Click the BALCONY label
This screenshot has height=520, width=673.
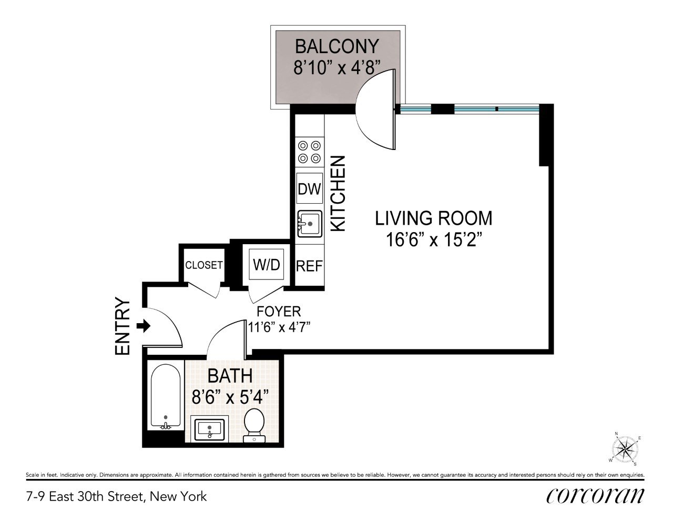337,46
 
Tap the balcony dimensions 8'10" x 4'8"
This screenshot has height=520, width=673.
337,67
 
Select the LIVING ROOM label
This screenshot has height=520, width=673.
434,218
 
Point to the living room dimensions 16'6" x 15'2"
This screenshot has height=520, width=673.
434,240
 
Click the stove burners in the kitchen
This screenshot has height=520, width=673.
309,152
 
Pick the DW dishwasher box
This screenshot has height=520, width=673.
309,188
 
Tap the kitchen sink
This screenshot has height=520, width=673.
309,224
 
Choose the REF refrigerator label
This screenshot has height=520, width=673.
309,266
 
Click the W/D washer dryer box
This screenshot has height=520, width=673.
267,265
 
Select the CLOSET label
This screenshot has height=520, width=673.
204,265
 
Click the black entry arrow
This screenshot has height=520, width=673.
144,326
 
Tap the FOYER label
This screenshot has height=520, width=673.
279,312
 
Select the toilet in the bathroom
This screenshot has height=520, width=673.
254,425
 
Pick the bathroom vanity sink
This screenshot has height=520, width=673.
209,429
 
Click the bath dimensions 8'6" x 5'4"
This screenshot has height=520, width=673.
230,397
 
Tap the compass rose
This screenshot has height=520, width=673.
625,449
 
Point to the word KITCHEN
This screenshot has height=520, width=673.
338,193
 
